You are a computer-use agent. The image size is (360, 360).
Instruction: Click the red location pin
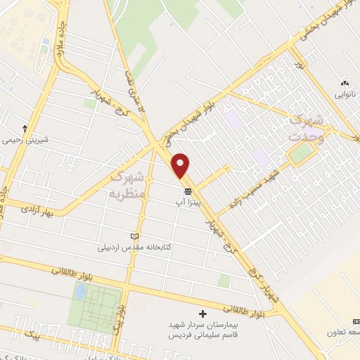(x=181, y=165)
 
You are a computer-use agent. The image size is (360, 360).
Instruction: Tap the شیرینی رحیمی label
(x=26, y=140)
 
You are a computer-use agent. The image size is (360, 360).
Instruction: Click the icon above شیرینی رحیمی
(x=26, y=129)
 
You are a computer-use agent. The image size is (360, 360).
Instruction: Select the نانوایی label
(x=345, y=94)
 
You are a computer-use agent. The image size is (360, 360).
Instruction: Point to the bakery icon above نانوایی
(x=345, y=82)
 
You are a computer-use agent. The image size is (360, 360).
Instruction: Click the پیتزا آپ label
(x=188, y=202)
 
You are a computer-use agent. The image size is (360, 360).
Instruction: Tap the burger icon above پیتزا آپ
(x=188, y=191)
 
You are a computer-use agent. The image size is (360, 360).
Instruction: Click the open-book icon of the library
(x=135, y=237)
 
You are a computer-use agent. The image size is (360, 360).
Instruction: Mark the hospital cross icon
(x=204, y=314)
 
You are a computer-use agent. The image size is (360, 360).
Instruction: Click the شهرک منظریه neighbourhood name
(x=127, y=182)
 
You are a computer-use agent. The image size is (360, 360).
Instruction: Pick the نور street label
(x=301, y=65)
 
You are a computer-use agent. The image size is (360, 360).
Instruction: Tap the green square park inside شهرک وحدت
(x=301, y=155)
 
